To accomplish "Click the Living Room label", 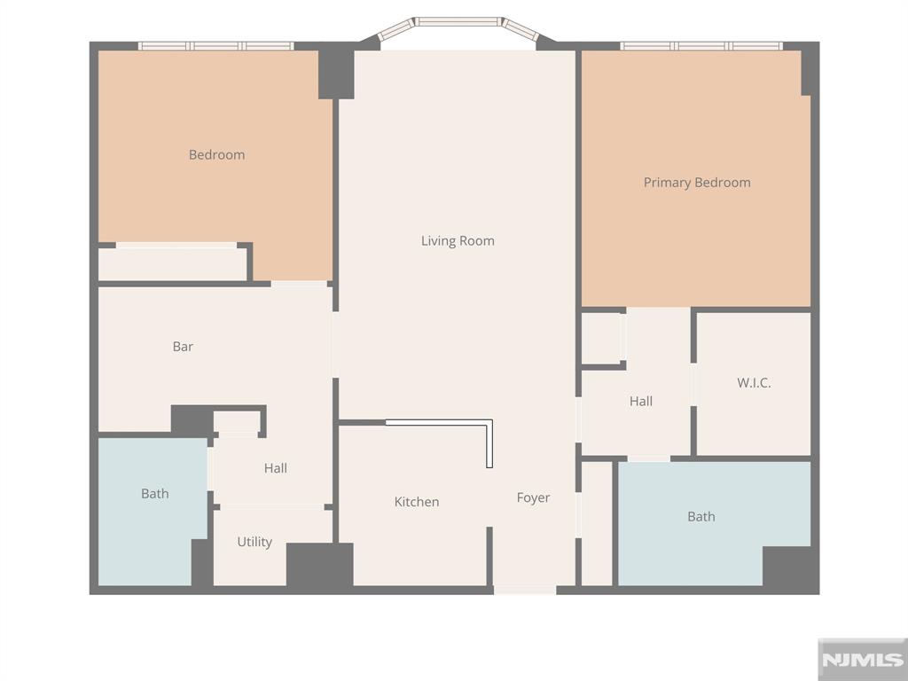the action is tap(458, 241).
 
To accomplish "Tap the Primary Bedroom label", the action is tap(697, 183).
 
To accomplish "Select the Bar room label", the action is tap(183, 347).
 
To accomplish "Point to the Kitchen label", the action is tap(417, 502).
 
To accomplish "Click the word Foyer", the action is tap(533, 497).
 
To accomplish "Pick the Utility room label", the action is tap(254, 542).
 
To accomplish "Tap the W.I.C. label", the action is tap(754, 383).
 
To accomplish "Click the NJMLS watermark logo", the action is tap(863, 660).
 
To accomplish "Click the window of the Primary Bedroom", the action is tap(701, 46).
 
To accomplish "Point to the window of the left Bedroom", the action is tap(216, 46).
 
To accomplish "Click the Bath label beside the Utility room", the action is tap(155, 493).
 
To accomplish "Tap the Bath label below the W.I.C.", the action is tap(701, 516).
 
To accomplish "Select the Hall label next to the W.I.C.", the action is tap(641, 401).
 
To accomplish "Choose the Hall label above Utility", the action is tap(276, 468).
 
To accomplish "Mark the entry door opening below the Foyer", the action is tap(525, 590).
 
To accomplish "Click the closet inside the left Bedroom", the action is tap(173, 264).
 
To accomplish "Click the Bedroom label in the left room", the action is tap(216, 154).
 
